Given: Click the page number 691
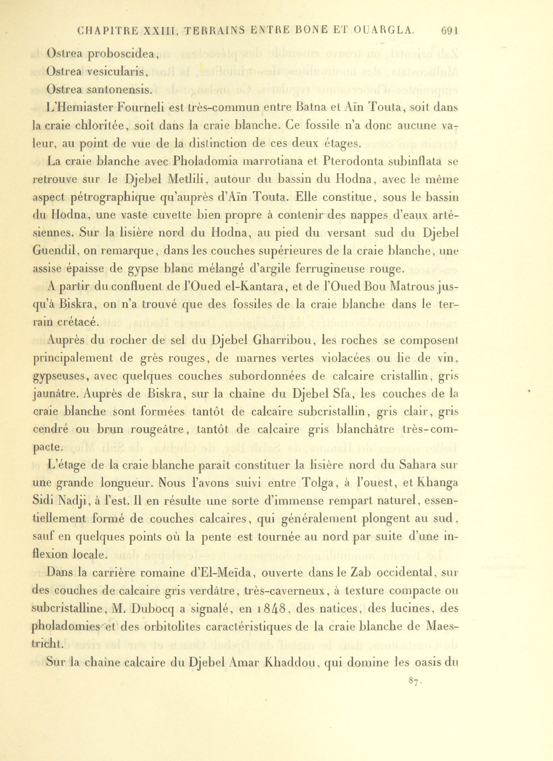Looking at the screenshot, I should tap(449, 31).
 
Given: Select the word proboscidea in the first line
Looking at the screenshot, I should tap(122, 54).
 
